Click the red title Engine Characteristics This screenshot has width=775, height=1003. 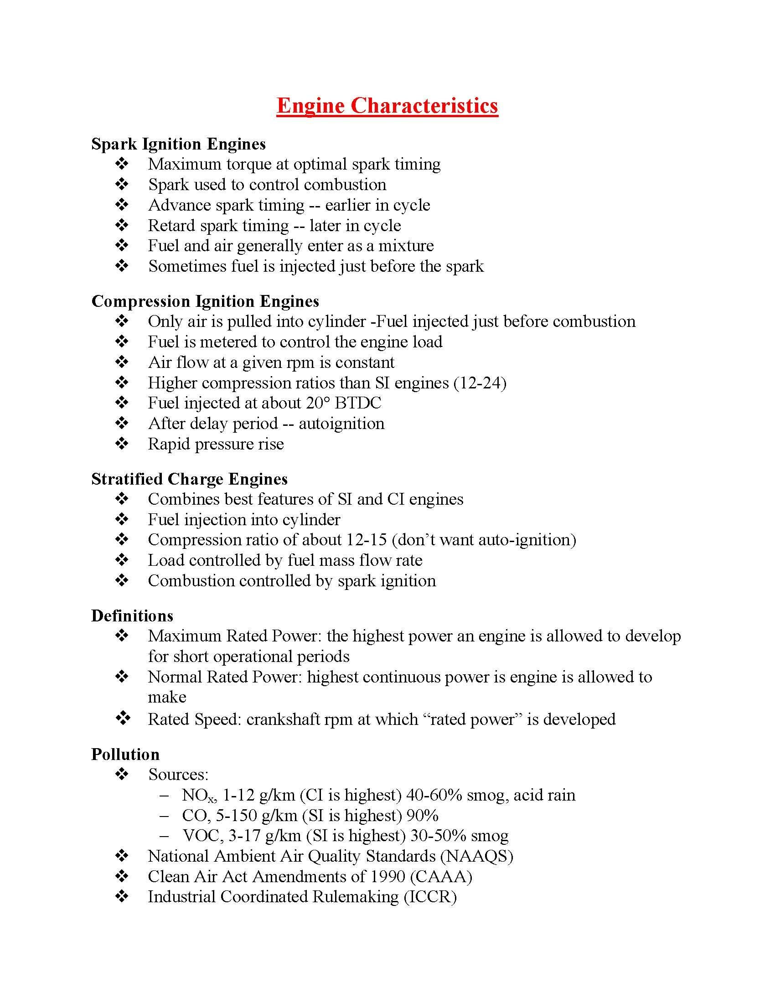coord(387,106)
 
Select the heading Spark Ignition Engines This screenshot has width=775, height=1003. coord(178,144)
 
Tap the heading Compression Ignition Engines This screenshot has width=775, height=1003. coord(205,301)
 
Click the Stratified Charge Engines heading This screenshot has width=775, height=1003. coord(189,479)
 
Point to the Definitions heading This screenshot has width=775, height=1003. coord(132,616)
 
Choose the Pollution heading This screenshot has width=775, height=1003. coord(125,755)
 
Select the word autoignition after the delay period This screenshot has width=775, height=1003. coord(341,424)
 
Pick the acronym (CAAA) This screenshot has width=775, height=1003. coord(441,876)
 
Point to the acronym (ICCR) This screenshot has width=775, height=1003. coord(430,896)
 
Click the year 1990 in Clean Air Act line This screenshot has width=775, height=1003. coord(388,876)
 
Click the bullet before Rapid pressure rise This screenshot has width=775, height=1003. coord(122,444)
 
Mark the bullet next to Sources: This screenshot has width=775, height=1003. coord(122,775)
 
